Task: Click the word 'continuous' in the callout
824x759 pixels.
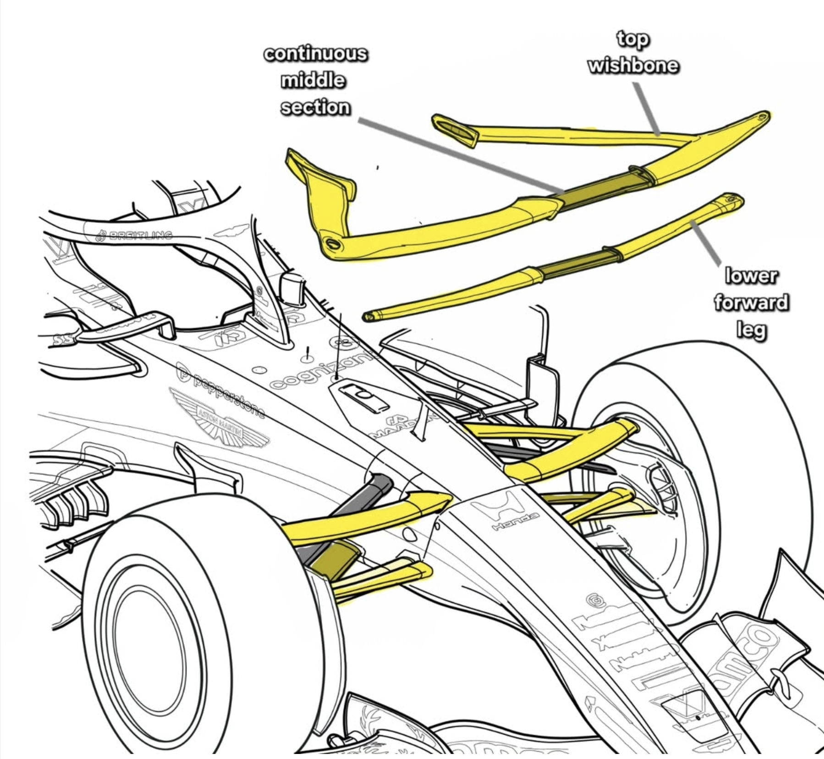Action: point(315,54)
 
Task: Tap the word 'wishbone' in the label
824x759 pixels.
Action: point(633,66)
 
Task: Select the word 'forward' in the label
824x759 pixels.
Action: point(751,302)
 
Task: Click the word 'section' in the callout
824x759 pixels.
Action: point(315,107)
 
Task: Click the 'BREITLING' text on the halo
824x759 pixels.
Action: point(136,236)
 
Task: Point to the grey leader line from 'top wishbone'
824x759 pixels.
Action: point(646,108)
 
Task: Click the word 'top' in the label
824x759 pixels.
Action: point(632,39)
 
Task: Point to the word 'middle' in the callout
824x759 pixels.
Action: point(313,81)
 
